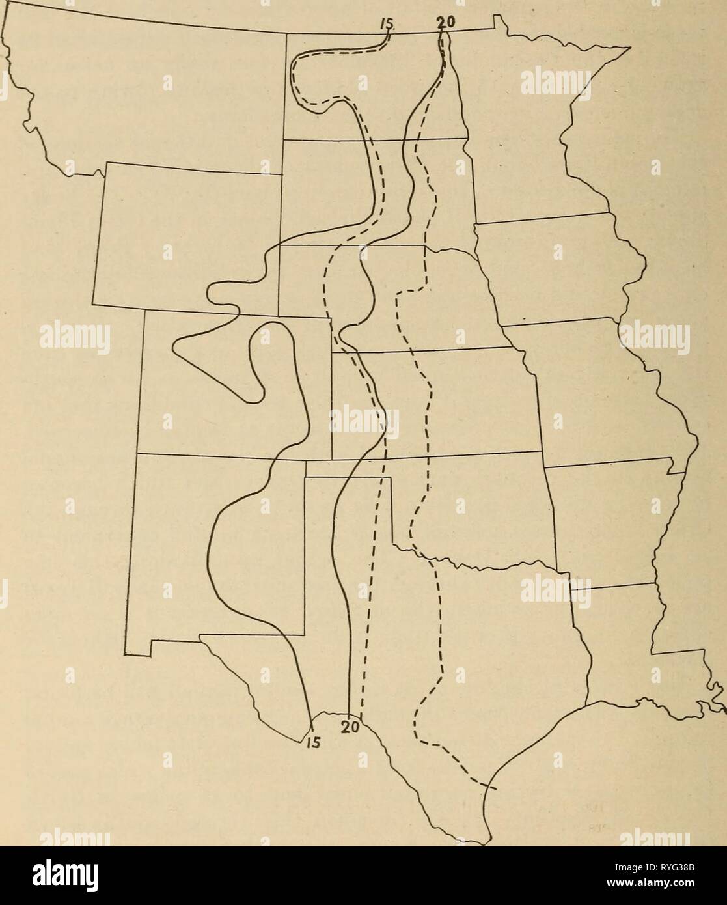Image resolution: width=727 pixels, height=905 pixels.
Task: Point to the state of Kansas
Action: [443, 404]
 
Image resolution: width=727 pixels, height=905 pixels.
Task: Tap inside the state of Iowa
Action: [553, 273]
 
